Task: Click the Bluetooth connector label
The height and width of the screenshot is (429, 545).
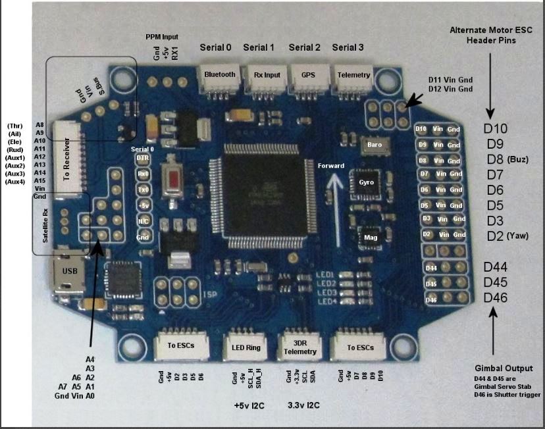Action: click(x=220, y=74)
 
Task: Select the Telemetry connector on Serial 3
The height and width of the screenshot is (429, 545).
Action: click(x=353, y=74)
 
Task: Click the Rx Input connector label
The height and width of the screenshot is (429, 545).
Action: click(x=263, y=74)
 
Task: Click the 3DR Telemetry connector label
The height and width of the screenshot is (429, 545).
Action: click(x=301, y=346)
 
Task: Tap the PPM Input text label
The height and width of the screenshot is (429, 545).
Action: click(x=162, y=37)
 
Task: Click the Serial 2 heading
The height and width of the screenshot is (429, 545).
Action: click(x=305, y=47)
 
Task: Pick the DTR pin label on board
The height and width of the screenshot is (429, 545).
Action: click(x=142, y=159)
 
